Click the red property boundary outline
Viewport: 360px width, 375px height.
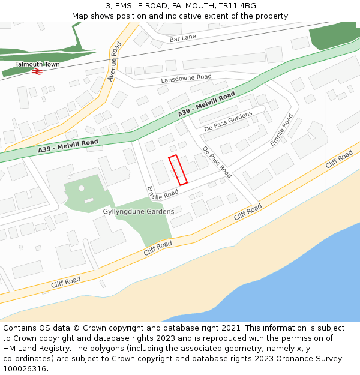[178, 170]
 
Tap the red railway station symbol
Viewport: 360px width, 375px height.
[37, 71]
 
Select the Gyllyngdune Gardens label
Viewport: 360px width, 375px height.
[139, 211]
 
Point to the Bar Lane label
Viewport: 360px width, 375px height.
[182, 38]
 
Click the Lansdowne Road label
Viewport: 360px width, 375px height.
[186, 78]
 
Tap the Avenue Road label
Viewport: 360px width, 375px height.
[115, 61]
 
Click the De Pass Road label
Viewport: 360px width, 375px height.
[217, 162]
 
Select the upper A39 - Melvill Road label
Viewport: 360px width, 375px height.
[206, 105]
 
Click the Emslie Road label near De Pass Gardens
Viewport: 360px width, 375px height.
[281, 130]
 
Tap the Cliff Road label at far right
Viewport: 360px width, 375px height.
[339, 160]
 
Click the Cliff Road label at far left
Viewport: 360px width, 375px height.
[66, 281]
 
